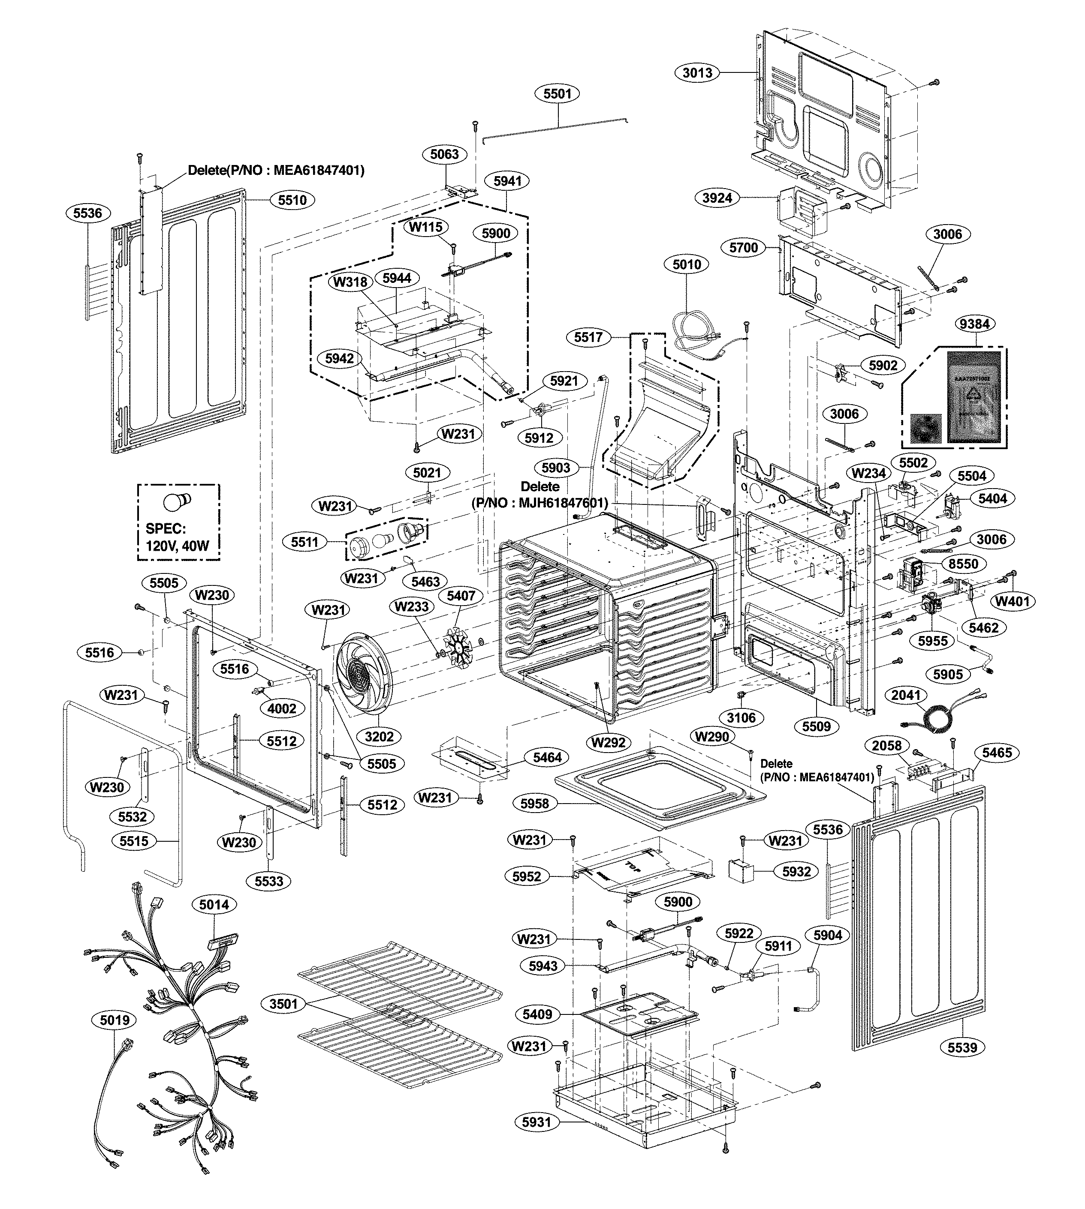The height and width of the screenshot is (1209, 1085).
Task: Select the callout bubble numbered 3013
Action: pos(697,73)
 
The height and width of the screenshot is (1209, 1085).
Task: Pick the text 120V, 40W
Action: pos(177,545)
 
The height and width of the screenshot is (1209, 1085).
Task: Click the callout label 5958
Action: pos(534,803)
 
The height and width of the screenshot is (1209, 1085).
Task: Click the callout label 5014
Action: pos(214,905)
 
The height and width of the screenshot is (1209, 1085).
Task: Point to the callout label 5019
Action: pos(115,1020)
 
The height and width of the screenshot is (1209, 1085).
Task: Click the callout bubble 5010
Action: pos(687,264)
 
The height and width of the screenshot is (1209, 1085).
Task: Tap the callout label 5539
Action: pos(962,1047)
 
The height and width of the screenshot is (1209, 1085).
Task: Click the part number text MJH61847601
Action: pos(562,503)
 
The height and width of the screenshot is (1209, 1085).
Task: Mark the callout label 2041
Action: pos(906,695)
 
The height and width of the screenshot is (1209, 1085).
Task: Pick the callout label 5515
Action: pos(134,841)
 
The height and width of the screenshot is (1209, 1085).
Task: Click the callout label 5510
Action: pos(292,200)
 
